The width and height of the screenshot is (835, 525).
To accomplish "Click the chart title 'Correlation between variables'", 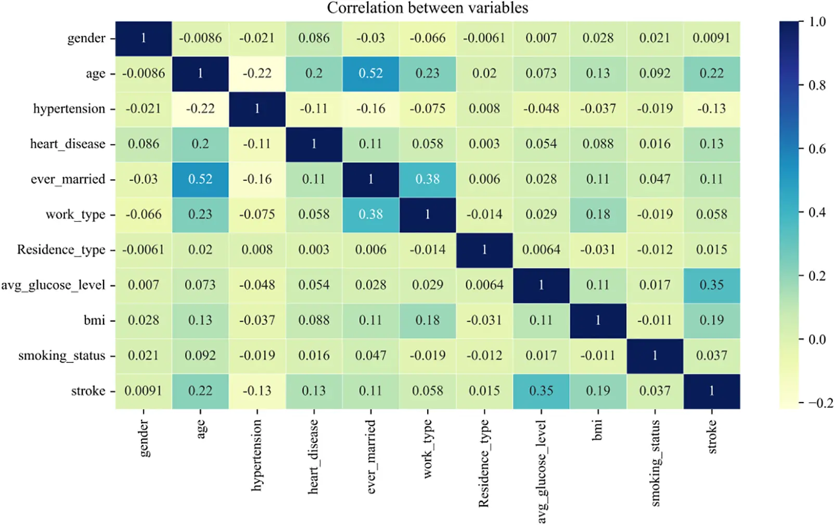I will click(427, 8).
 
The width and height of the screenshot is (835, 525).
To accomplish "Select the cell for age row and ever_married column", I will click(370, 73).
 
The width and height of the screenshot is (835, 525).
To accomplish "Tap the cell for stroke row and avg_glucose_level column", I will click(541, 391).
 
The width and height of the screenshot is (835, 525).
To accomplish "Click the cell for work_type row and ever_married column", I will click(370, 215).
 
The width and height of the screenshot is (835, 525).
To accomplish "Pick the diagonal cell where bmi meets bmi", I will click(598, 320).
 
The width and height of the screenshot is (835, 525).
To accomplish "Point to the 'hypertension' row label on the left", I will click(69, 109).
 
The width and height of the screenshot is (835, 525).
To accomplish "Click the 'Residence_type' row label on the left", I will click(61, 250).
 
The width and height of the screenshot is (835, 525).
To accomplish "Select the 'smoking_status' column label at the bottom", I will click(655, 463).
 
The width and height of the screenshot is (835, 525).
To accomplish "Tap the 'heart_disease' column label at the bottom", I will click(313, 457).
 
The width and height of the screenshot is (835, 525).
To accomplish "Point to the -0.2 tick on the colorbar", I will click(820, 403).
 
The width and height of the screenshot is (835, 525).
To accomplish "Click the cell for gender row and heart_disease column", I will click(314, 38).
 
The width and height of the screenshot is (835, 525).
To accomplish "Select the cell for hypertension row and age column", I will click(200, 109).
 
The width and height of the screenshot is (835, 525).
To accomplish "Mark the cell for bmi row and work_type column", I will click(427, 320).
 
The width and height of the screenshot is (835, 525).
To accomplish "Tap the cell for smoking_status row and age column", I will click(200, 356).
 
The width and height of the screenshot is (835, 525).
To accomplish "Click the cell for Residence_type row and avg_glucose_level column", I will click(541, 250).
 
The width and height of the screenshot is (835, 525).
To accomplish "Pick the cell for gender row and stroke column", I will click(711, 38).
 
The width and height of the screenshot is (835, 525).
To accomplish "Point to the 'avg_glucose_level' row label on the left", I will click(53, 285).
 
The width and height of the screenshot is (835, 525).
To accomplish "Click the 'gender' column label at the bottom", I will click(144, 439).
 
